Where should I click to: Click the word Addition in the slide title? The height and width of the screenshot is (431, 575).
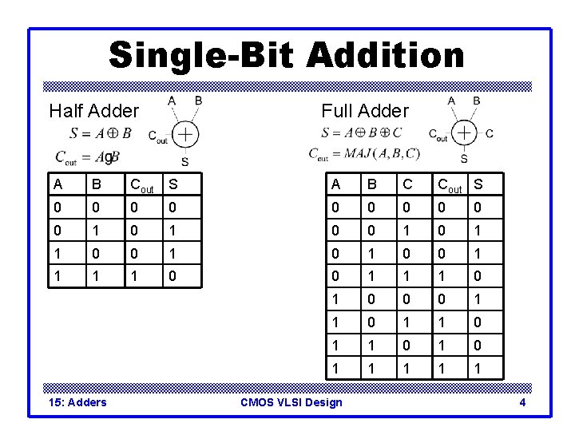[385, 55]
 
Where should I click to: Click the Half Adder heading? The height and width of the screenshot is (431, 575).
[93, 110]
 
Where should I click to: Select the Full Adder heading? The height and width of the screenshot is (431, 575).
[364, 111]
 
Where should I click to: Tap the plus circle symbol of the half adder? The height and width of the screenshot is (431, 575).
[185, 133]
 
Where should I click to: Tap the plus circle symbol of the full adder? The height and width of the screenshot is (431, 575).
[464, 132]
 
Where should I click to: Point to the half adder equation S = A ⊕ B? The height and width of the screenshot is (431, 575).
[101, 133]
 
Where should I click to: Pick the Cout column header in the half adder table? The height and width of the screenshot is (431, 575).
[141, 186]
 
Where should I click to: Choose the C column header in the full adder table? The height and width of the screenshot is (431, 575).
[407, 185]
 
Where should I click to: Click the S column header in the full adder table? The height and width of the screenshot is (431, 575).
[478, 185]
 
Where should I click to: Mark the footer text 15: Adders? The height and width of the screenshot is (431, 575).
[75, 402]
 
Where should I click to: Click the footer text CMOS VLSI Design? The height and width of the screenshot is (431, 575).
[291, 402]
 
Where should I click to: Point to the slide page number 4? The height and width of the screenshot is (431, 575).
[522, 402]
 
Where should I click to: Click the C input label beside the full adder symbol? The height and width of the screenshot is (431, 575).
[490, 133]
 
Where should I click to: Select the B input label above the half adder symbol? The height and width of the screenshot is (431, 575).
[198, 101]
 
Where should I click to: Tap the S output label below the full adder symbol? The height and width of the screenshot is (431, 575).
[464, 159]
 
